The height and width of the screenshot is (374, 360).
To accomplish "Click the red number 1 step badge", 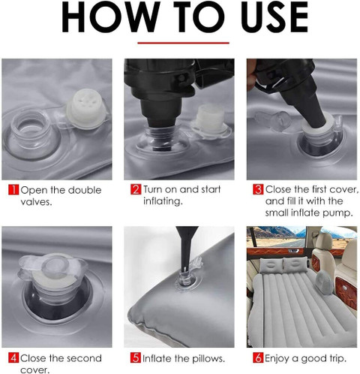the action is pyautogui.click(x=13, y=189).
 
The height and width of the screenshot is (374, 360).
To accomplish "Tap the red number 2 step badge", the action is pyautogui.click(x=136, y=189).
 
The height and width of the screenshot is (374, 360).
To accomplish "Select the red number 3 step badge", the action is pyautogui.click(x=258, y=189).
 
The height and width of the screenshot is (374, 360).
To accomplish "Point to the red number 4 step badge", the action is pyautogui.click(x=13, y=357).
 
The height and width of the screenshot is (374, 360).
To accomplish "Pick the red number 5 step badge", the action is pyautogui.click(x=136, y=357).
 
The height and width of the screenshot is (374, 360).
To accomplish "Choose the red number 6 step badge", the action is pyautogui.click(x=258, y=357).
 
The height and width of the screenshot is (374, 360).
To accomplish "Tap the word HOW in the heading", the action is pyautogui.click(x=110, y=17).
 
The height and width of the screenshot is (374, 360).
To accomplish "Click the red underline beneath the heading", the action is pyautogui.click(x=183, y=43).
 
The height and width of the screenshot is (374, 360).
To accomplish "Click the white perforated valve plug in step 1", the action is pyautogui.click(x=86, y=108).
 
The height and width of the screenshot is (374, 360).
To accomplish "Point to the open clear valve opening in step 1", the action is pyautogui.click(x=32, y=133).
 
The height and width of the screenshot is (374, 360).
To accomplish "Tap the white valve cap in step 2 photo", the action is pyautogui.click(x=211, y=121).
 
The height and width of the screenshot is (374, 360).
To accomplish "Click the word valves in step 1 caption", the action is pyautogui.click(x=36, y=202).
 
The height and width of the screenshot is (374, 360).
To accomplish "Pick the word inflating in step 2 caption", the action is pyautogui.click(x=163, y=201).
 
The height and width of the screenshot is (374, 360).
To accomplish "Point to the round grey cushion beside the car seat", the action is pyautogui.click(x=324, y=282).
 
